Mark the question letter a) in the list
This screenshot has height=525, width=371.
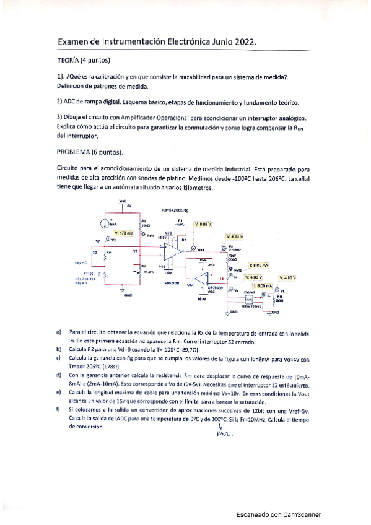point(58,332)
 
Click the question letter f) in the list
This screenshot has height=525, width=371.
point(58,409)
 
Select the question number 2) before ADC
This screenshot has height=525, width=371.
point(59,102)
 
